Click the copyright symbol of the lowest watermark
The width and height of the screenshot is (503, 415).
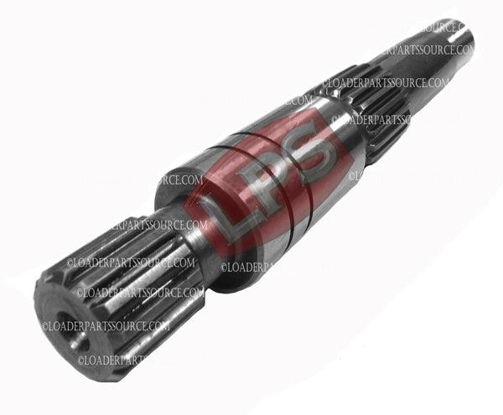[81, 361]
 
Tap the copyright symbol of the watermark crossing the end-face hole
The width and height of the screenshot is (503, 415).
[46, 326]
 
